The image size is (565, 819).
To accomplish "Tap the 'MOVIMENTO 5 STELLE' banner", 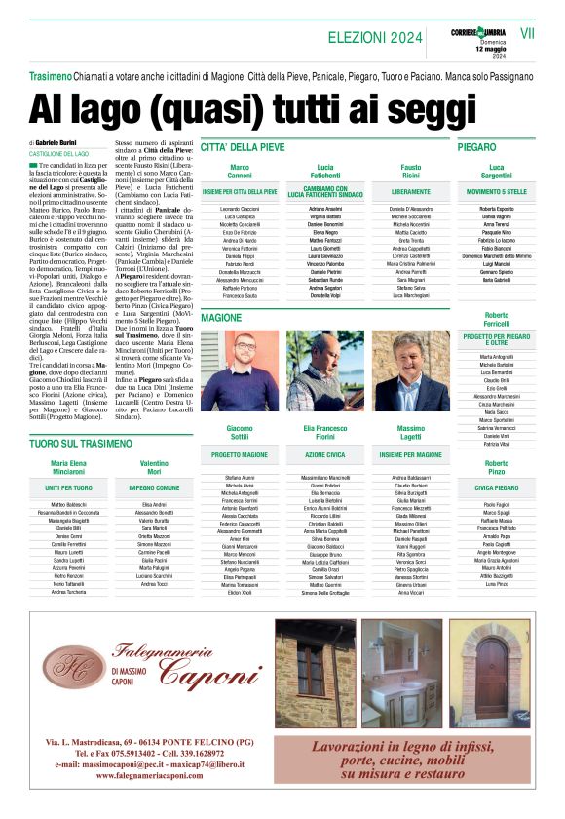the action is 496,192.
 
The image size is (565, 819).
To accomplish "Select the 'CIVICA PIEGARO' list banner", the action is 496,487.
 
